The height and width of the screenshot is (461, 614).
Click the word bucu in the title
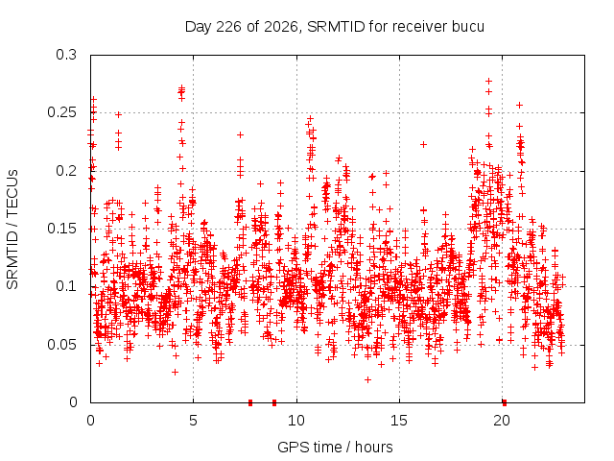click(x=468, y=27)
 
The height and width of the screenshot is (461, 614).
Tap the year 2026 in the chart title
click(x=281, y=27)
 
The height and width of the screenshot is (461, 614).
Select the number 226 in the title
click(x=228, y=27)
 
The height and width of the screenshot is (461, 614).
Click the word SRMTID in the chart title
click(x=336, y=27)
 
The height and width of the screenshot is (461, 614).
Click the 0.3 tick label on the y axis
click(x=66, y=55)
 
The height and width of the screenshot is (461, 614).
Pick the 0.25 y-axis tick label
click(x=61, y=113)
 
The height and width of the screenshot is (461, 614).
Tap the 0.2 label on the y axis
click(x=66, y=171)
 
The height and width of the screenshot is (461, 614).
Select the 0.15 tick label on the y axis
click(x=61, y=229)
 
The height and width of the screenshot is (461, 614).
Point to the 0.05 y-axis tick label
click(x=61, y=345)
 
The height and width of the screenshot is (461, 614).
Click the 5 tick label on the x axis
click(x=194, y=421)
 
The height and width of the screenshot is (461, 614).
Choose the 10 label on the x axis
click(x=296, y=421)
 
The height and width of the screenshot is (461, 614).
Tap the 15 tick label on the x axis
click(x=399, y=421)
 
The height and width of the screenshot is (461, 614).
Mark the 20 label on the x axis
click(x=502, y=421)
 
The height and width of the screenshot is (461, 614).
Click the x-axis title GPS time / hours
click(x=335, y=448)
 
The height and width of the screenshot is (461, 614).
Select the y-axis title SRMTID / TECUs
click(x=12, y=229)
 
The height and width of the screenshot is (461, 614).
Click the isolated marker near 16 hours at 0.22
click(x=423, y=145)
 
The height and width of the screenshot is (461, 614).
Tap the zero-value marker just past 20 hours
click(x=505, y=402)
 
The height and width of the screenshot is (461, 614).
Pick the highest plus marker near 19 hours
click(x=488, y=81)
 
